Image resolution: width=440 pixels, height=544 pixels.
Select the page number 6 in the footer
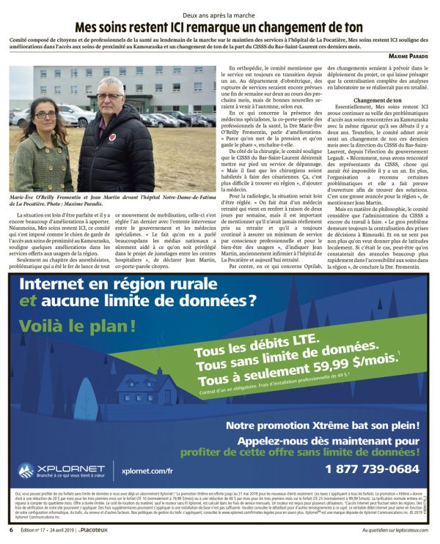click(11, 529)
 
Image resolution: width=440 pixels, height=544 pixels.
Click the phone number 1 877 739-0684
click(372, 469)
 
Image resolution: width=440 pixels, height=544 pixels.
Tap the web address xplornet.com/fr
click(148, 472)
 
